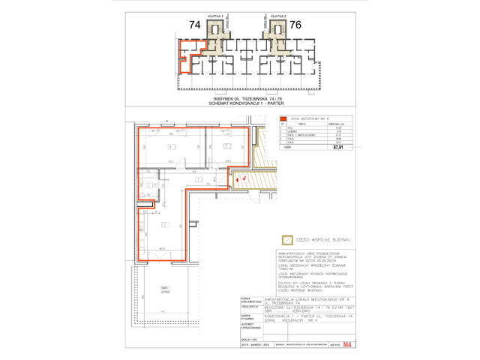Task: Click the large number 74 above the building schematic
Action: [x=195, y=25]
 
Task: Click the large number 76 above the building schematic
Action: [x=295, y=25]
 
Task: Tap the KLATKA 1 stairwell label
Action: [x=217, y=15]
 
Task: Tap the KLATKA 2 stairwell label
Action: [x=277, y=15]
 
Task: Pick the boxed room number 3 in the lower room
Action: [x=163, y=223]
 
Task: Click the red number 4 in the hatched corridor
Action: [x=244, y=178]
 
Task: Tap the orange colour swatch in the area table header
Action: [x=283, y=118]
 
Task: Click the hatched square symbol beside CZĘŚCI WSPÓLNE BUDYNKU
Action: [x=286, y=240]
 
